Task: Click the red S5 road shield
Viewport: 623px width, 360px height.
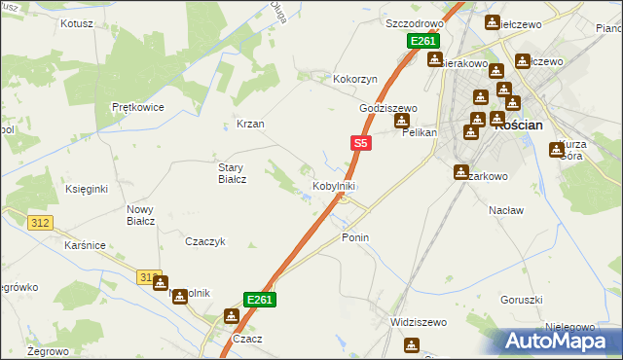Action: coord(360,143)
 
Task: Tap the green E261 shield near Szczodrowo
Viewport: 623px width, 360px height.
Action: coord(423,42)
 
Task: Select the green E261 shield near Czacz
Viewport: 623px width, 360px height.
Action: coord(259,300)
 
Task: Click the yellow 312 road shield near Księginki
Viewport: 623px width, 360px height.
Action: coord(40,223)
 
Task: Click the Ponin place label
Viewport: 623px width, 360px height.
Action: coord(355,237)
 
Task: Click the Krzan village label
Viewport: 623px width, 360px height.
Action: coord(250,125)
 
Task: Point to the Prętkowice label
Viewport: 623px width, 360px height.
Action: coord(137,107)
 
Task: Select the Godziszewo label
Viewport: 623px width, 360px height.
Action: coord(387,109)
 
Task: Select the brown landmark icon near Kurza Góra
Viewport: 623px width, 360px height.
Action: coord(556,150)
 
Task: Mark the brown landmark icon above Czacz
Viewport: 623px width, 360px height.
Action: coord(232,315)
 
